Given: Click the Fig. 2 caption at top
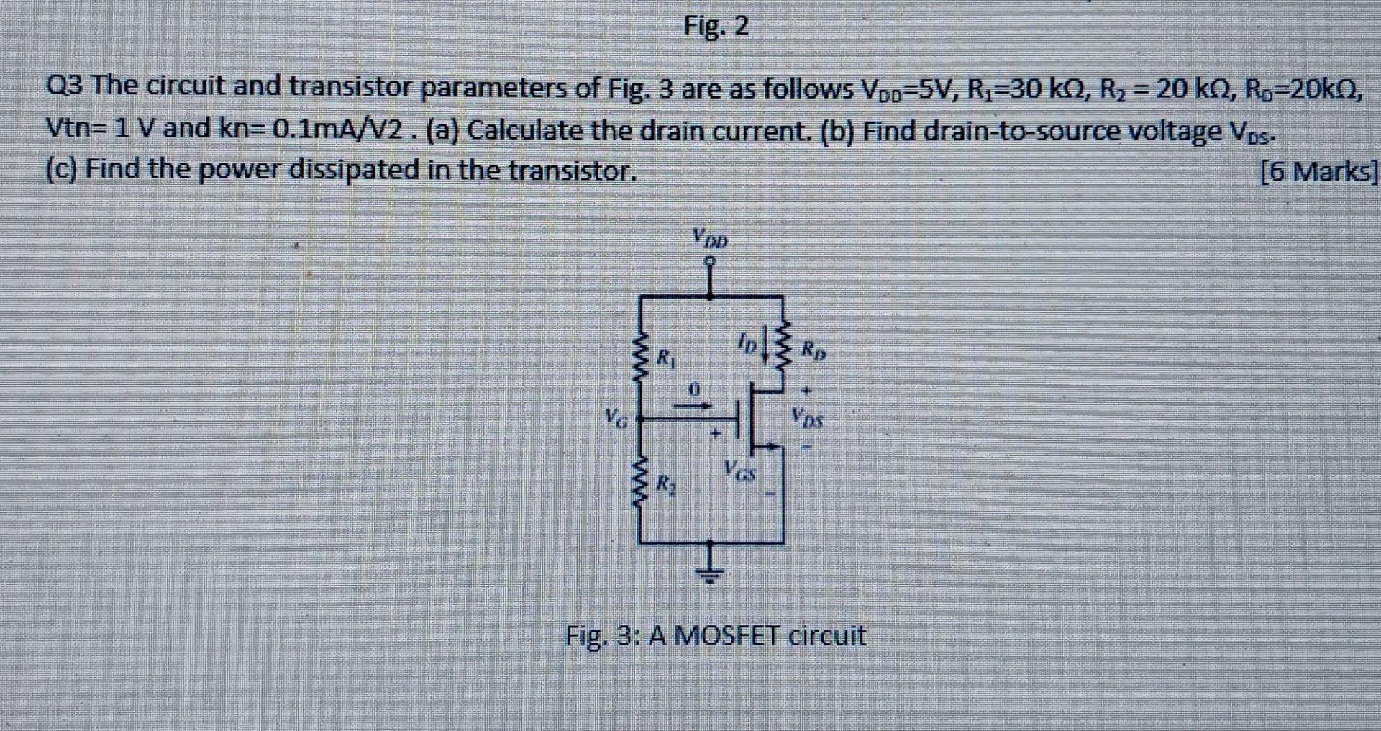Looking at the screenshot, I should pos(716,27).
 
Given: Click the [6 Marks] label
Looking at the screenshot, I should pos(1320,171).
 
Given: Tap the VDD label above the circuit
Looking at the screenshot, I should pos(710,237).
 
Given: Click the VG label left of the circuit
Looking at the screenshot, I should pos(616,417).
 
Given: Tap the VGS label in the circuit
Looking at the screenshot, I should pos(740,473).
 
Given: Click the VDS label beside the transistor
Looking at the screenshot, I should pos(808,417).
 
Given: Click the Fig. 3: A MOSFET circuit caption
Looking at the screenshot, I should pos(716,636).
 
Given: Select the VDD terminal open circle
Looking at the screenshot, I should pos(711,262).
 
